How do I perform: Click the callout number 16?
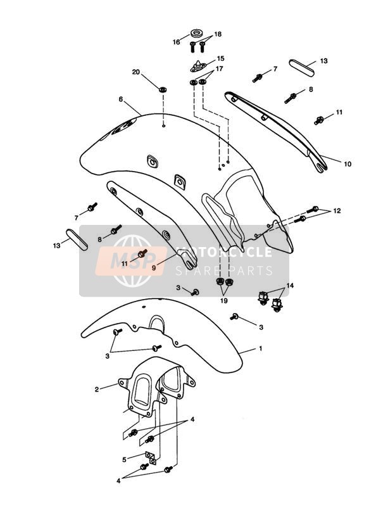[x=177, y=42]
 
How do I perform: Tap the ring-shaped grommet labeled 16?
[x=197, y=34]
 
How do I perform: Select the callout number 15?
[x=221, y=58]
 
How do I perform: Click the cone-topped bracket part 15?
[x=199, y=67]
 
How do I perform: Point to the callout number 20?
[x=136, y=72]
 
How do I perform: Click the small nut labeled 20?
[x=163, y=89]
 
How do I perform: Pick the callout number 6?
[x=121, y=99]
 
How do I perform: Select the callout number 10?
[x=347, y=164]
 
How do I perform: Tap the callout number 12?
[x=337, y=211]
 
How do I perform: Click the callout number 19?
[x=224, y=301]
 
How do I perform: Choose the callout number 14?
[x=290, y=286]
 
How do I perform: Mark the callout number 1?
[x=261, y=348]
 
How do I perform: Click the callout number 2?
[x=97, y=389]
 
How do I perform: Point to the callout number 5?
[x=124, y=460]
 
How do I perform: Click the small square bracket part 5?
[x=151, y=458]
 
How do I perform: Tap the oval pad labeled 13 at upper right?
[x=301, y=68]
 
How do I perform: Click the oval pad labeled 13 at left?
[x=77, y=239]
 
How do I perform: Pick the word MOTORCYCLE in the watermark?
[x=224, y=252]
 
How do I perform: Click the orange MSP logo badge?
[x=131, y=261]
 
